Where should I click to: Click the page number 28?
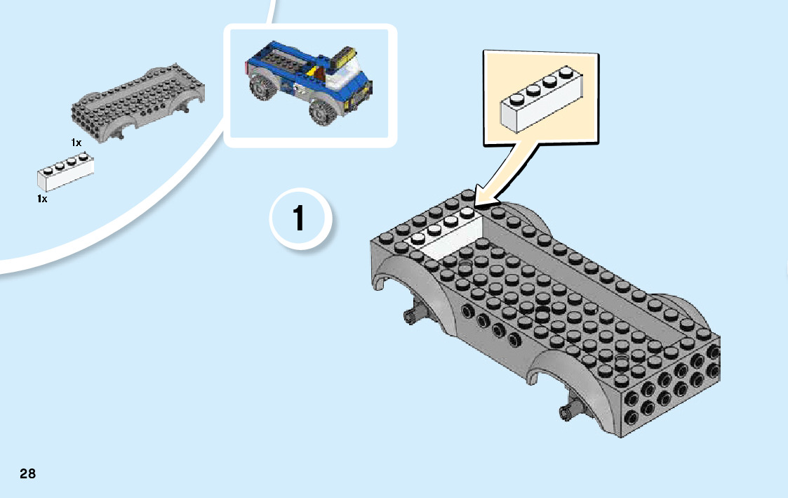pyautogui.click(x=27, y=473)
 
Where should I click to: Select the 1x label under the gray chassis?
pyautogui.click(x=76, y=143)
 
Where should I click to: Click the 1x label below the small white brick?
pyautogui.click(x=42, y=199)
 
